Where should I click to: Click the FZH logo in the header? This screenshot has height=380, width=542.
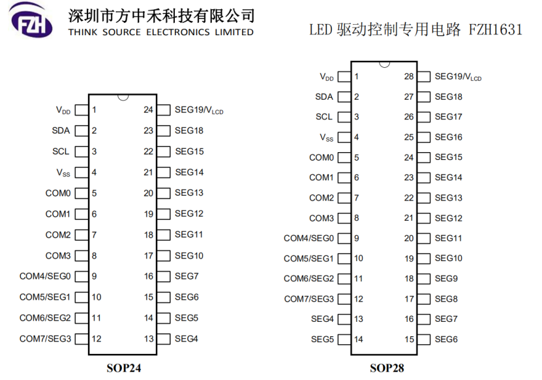[31, 20]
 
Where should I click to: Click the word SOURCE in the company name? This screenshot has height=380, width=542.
[122, 32]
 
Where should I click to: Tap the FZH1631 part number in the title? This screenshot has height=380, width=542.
[495, 29]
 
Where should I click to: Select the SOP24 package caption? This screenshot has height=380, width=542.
[124, 368]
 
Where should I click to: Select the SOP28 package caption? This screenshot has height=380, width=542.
[387, 368]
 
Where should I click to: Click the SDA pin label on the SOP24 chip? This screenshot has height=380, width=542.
[61, 131]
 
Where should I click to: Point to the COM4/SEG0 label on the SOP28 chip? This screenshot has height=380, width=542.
[309, 238]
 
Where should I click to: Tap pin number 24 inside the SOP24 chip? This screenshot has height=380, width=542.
[148, 110]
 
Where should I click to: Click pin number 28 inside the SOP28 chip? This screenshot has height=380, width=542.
[409, 76]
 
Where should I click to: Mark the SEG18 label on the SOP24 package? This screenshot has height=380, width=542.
[189, 131]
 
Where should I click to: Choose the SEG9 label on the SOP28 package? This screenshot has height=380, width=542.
[446, 279]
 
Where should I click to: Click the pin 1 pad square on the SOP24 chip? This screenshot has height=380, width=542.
[82, 110]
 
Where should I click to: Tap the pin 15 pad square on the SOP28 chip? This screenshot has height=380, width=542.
[424, 340]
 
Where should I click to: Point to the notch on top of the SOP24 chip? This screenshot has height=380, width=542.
[123, 97]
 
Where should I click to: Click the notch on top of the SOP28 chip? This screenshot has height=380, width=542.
[384, 64]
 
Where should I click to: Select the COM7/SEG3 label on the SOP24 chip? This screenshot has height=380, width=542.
[45, 338]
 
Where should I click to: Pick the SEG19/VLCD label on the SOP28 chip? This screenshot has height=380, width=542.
[458, 77]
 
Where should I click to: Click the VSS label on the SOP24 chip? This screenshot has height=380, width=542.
[63, 172]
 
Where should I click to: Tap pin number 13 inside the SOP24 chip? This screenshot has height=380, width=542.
[149, 339]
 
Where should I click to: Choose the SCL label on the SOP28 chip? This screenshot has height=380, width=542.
[324, 117]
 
